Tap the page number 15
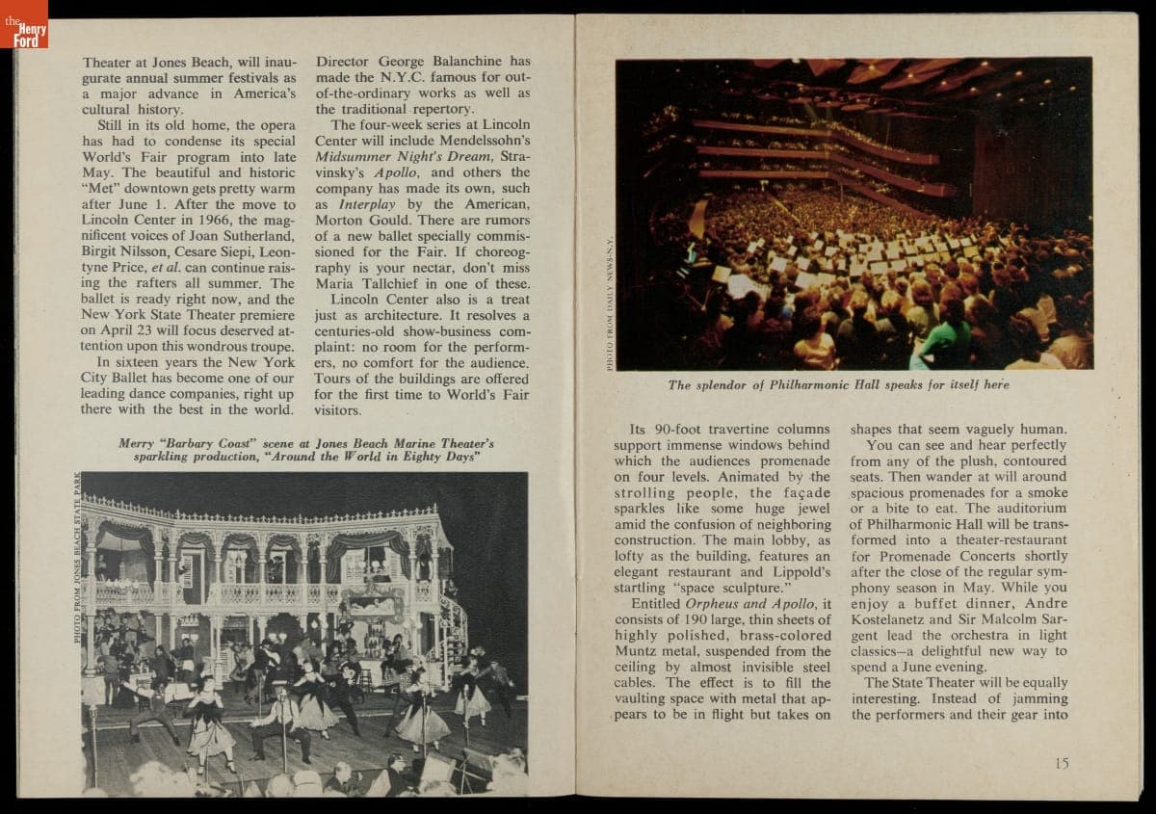pyautogui.click(x=1061, y=763)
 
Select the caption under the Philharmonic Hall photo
pyautogui.click(x=838, y=385)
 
